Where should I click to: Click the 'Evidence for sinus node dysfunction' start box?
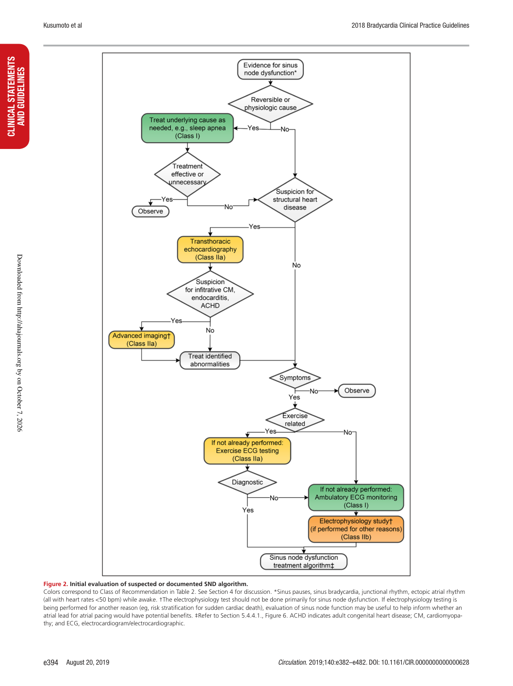coord(270,69)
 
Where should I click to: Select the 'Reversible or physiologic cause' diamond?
coord(270,104)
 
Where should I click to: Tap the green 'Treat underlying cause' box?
coord(187,128)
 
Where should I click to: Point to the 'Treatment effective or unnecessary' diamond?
coord(187,174)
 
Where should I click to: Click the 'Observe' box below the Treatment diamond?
coord(150,211)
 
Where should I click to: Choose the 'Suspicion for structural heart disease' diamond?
coord(295,199)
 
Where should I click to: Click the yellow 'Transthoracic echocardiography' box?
coord(210,249)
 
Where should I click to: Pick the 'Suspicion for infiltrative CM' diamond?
coord(210,294)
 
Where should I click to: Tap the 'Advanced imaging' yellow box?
coord(141,340)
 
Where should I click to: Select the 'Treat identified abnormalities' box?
coord(210,360)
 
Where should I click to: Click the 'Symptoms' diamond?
coord(295,377)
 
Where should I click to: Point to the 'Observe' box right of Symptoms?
coord(357,391)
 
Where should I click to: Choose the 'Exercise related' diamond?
coord(295,420)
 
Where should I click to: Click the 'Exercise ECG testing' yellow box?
coord(247,450)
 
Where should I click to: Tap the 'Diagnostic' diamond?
coord(247,482)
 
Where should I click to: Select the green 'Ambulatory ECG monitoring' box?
coord(356,497)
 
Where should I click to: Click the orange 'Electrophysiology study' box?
coord(356,529)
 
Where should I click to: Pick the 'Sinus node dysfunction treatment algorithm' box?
coord(303,561)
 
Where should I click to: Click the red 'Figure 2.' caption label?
coord(56,584)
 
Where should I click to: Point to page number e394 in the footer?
coord(50,662)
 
